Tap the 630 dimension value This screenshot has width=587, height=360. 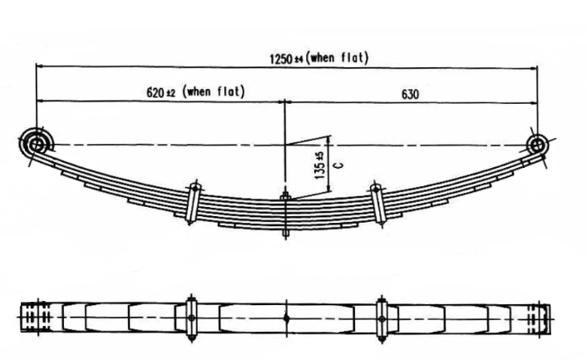409,94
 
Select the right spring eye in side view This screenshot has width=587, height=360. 536,145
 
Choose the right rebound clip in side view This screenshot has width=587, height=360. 378,201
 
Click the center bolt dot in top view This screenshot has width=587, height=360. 285,317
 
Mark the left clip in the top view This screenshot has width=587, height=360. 191,317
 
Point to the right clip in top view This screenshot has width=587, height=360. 382,317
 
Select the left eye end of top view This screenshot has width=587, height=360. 33,317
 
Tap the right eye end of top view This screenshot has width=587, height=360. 539,317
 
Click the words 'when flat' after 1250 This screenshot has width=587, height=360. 338,57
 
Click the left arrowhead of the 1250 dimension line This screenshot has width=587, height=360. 38,67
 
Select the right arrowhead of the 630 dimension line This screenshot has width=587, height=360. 533,101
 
